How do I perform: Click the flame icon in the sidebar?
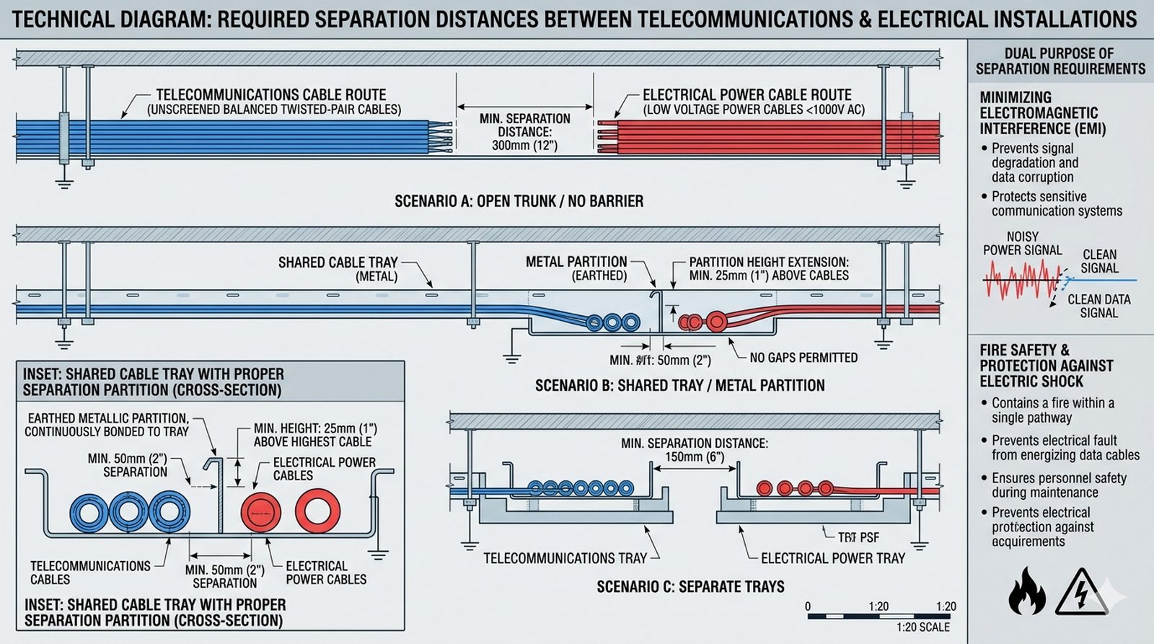point(1026,591)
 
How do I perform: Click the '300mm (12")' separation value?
point(524,145)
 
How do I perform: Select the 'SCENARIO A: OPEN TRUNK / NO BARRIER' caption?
point(519,201)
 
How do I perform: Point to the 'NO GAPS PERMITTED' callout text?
point(803,358)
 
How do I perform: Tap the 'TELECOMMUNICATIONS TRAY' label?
point(565,558)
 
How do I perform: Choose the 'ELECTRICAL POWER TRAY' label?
point(832,558)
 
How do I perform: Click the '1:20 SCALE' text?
point(922,627)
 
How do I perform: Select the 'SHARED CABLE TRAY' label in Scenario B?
point(338,263)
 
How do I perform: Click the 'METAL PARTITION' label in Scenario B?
point(576,262)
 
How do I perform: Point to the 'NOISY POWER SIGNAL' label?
point(1022,243)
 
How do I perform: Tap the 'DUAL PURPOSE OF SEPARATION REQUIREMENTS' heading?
point(1060,61)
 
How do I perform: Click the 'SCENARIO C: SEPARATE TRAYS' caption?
point(690,586)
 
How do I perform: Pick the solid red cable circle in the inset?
point(260,512)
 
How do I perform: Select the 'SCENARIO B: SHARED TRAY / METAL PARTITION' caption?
point(679,386)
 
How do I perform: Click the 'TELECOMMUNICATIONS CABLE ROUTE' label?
point(271,94)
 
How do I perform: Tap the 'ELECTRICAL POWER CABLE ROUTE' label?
point(746,94)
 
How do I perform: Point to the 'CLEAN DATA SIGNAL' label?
point(1098,306)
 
